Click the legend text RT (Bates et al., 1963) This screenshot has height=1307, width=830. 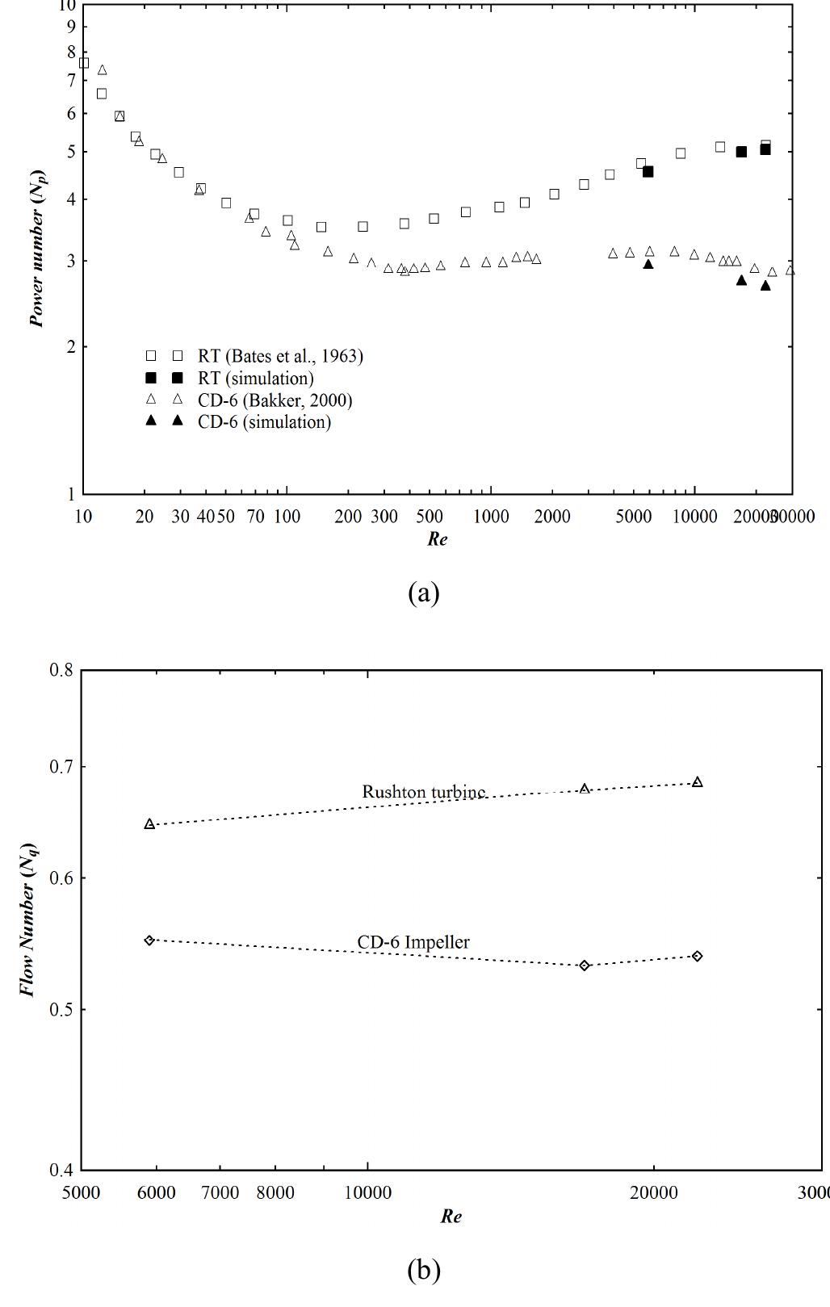tap(280, 356)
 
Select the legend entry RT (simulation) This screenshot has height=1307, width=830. tap(255, 378)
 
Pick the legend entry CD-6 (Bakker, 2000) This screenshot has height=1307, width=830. tap(275, 400)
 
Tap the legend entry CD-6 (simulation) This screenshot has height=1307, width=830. tap(264, 422)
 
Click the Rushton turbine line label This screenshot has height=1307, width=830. tap(424, 792)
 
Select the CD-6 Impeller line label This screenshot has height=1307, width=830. tap(413, 942)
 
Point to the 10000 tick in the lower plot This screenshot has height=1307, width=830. tap(368, 1192)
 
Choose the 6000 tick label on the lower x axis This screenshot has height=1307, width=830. tap(156, 1192)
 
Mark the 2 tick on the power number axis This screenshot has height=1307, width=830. tap(70, 347)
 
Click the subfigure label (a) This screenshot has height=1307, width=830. tap(424, 593)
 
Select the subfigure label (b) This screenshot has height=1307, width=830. tap(424, 1271)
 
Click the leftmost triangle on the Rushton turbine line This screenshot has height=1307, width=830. tap(149, 824)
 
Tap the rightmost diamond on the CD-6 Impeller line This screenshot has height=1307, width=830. tap(698, 956)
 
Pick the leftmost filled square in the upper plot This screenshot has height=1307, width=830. tap(648, 172)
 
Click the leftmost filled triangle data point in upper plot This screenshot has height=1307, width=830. tap(648, 264)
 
